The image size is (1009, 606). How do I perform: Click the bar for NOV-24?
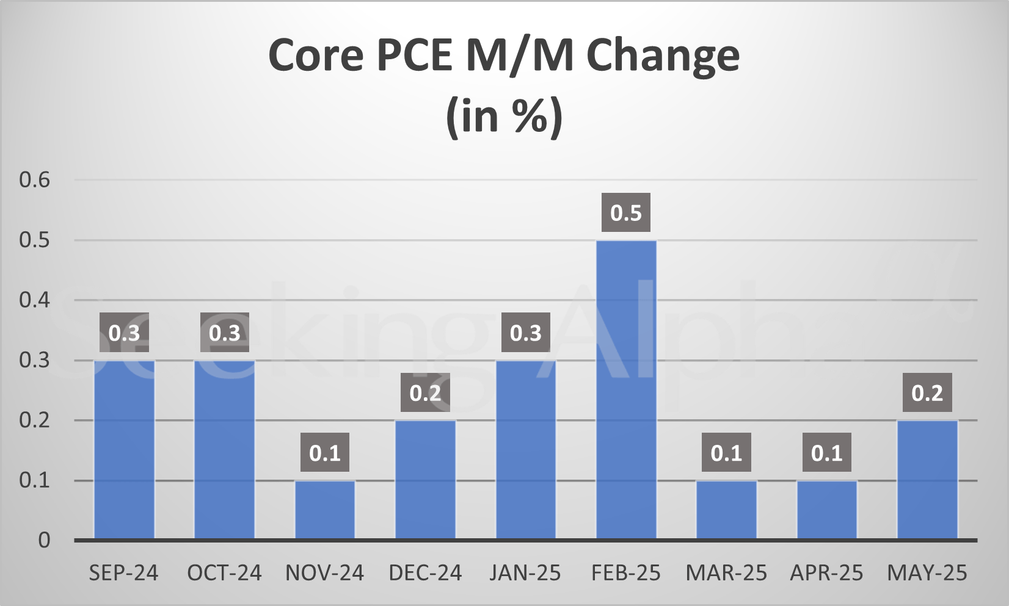325,510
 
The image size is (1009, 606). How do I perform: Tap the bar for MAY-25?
927,480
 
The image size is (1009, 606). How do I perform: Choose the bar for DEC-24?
425,480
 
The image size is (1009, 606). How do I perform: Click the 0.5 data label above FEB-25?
626,213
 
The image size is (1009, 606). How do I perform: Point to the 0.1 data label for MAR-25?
726,453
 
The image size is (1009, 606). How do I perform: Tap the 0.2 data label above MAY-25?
927,393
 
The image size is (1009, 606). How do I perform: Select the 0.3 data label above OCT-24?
225,333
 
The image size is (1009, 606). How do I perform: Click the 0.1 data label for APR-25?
826,453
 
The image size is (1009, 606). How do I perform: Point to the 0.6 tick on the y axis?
35,180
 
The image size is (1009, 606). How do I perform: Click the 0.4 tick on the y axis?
35,300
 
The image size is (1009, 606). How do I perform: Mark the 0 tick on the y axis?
44,540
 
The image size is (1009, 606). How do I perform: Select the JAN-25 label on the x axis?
525,573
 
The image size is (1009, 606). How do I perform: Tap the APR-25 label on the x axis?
826,573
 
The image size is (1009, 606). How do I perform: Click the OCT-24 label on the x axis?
224,573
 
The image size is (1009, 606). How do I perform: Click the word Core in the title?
316,55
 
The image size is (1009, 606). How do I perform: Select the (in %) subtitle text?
504,116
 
